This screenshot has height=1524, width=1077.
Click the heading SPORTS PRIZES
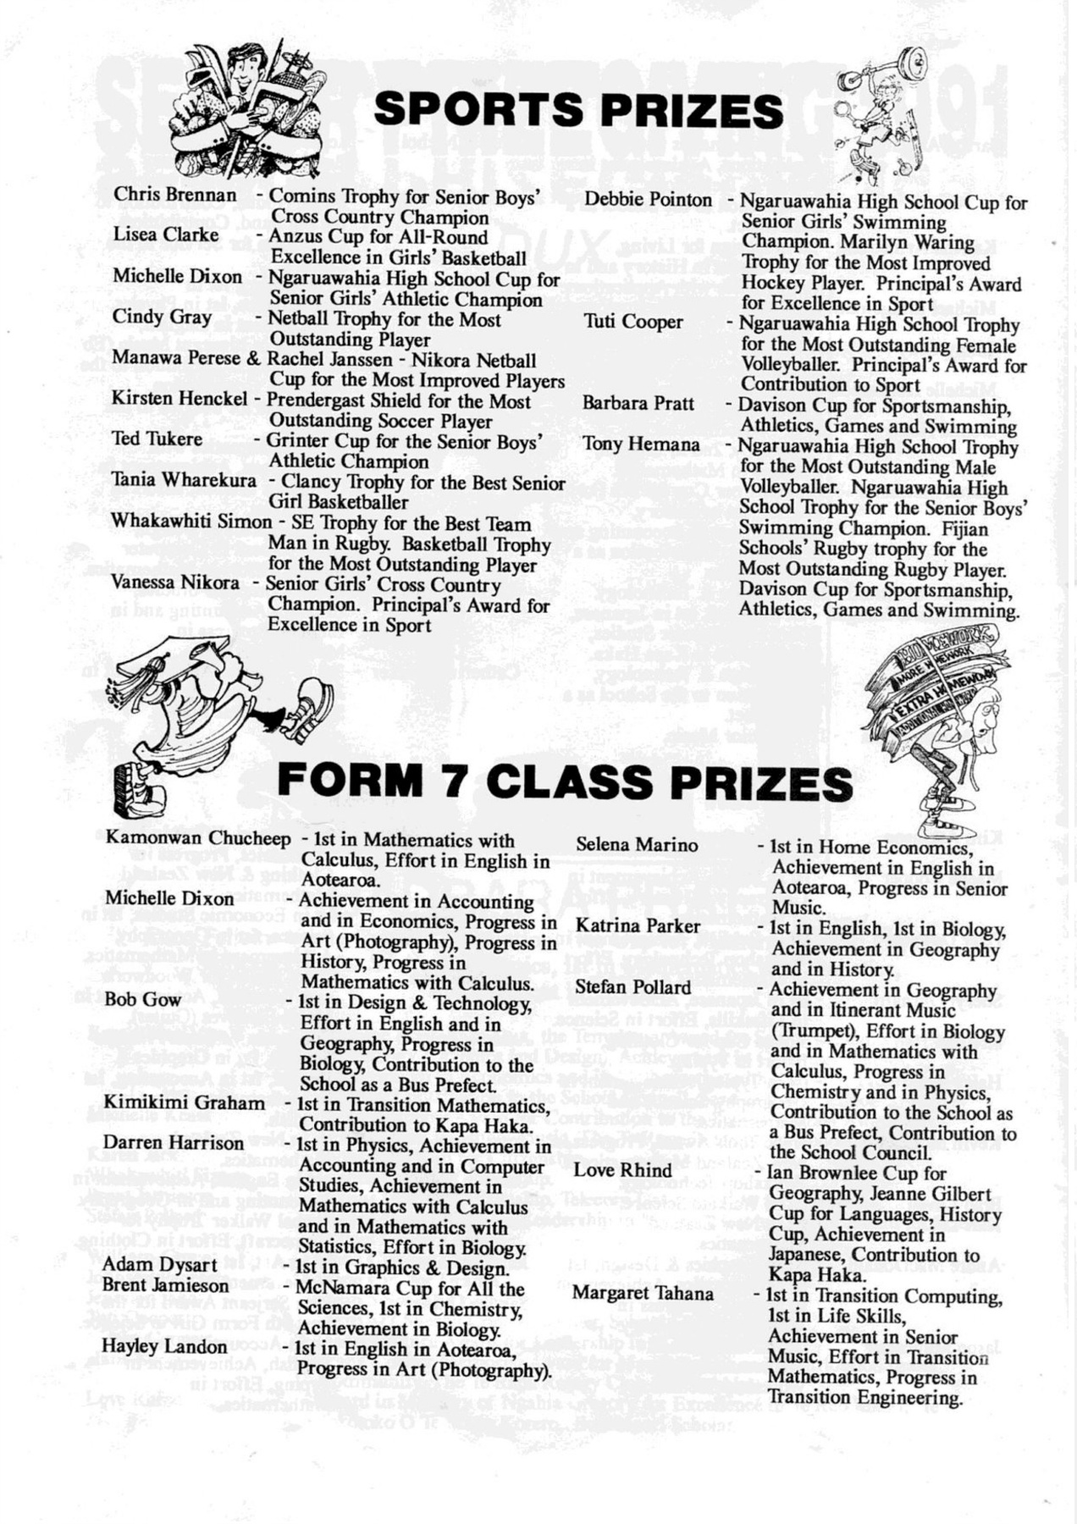578,111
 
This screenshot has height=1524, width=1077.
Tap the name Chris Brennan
175,195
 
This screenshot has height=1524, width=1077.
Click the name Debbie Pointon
649,200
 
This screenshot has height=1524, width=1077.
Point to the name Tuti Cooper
633,322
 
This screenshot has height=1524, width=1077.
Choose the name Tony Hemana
641,444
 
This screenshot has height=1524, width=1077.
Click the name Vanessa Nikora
175,583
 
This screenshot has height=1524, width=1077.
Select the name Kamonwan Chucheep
198,838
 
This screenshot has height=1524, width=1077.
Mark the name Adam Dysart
148,1265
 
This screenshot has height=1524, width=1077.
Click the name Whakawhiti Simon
192,522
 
